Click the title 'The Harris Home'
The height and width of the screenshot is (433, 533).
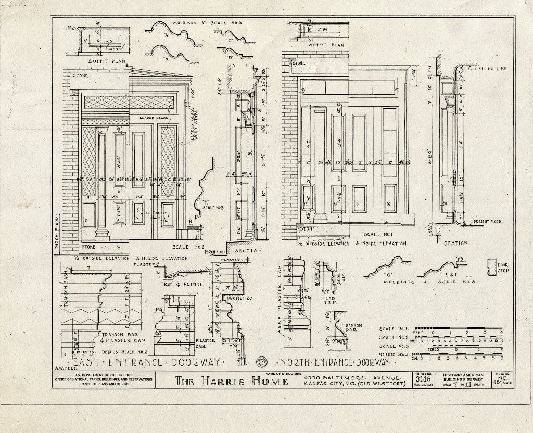click(231, 381)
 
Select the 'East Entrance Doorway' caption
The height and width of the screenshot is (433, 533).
click(146, 362)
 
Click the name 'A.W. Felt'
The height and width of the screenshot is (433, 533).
click(62, 368)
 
